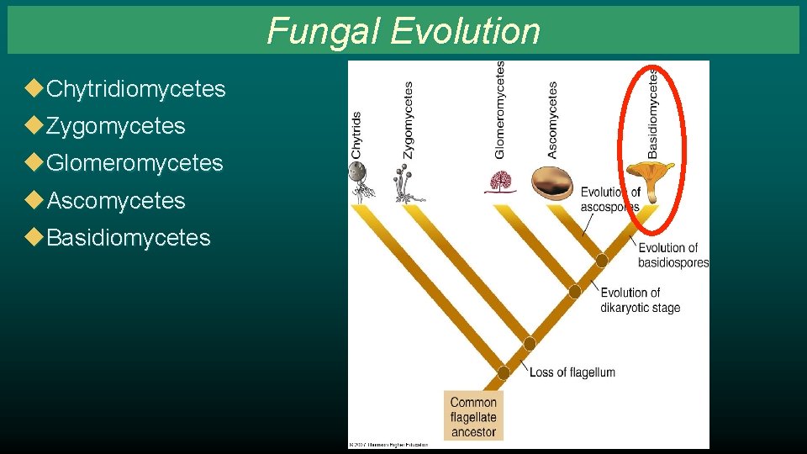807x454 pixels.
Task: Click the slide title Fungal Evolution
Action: point(403,31)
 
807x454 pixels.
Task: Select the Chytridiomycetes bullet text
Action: point(136,89)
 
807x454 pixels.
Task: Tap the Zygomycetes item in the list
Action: point(115,126)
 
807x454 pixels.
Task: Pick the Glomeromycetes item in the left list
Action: point(134,163)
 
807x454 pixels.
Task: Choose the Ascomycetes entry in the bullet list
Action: point(115,201)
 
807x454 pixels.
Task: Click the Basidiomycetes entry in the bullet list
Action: point(128,238)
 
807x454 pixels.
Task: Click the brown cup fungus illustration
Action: point(551,182)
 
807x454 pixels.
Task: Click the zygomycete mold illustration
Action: point(405,184)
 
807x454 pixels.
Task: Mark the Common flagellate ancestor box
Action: point(473,417)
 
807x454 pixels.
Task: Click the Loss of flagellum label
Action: point(572,372)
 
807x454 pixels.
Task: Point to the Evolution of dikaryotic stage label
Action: point(640,300)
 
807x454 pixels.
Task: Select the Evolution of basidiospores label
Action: point(672,255)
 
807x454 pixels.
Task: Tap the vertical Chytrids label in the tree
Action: point(356,135)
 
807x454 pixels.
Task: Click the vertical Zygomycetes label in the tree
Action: point(409,119)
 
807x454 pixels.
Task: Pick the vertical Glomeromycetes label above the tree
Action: point(500,109)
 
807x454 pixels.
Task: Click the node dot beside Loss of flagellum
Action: point(504,372)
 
